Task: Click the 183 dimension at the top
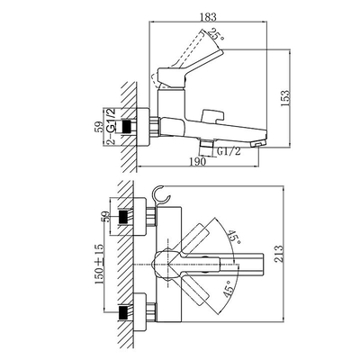pos(208,17)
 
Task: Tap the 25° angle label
pos(217,35)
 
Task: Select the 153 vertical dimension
pos(285,98)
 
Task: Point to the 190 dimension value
pos(198,161)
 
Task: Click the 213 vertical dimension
pos(279,254)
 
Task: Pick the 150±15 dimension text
pos(100,264)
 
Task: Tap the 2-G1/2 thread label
pos(111,126)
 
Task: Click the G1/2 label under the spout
pos(229,151)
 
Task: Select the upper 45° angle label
pos(234,238)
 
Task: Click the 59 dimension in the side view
pos(98,126)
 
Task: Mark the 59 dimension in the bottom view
pos(105,217)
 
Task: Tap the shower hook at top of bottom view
pos(162,195)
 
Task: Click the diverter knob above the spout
pos(212,116)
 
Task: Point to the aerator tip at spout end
pos(258,145)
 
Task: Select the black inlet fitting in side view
pos(127,126)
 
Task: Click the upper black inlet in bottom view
pos(125,217)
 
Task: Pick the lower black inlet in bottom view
pos(125,312)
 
